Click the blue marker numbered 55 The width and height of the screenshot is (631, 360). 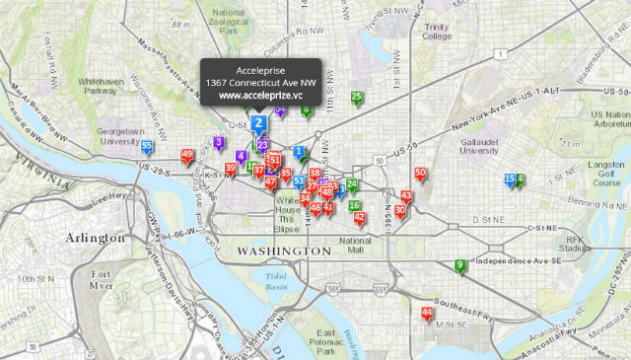click(147, 147)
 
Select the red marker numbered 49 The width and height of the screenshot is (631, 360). click(187, 155)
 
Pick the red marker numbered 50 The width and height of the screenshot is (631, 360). click(420, 175)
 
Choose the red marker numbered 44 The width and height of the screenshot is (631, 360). click(426, 314)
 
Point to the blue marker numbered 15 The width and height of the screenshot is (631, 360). click(510, 180)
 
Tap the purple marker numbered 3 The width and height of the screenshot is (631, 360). click(218, 142)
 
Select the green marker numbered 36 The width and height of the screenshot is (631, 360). click(354, 206)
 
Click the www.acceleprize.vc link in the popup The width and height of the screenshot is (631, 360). click(259, 96)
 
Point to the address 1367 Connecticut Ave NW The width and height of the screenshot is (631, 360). click(259, 83)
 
